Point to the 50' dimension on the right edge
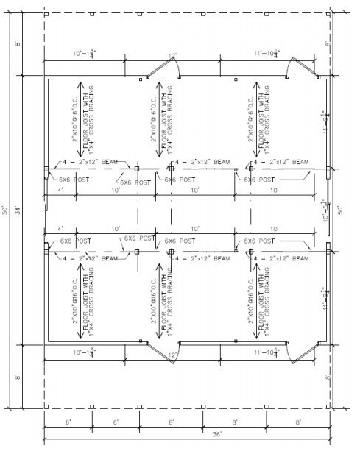coord(340,210)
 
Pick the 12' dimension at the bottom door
coord(173,355)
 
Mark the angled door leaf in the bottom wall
coord(155,352)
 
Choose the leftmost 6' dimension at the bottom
coord(67,422)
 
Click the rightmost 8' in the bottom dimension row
coord(298,422)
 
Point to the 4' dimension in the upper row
coord(60,191)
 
